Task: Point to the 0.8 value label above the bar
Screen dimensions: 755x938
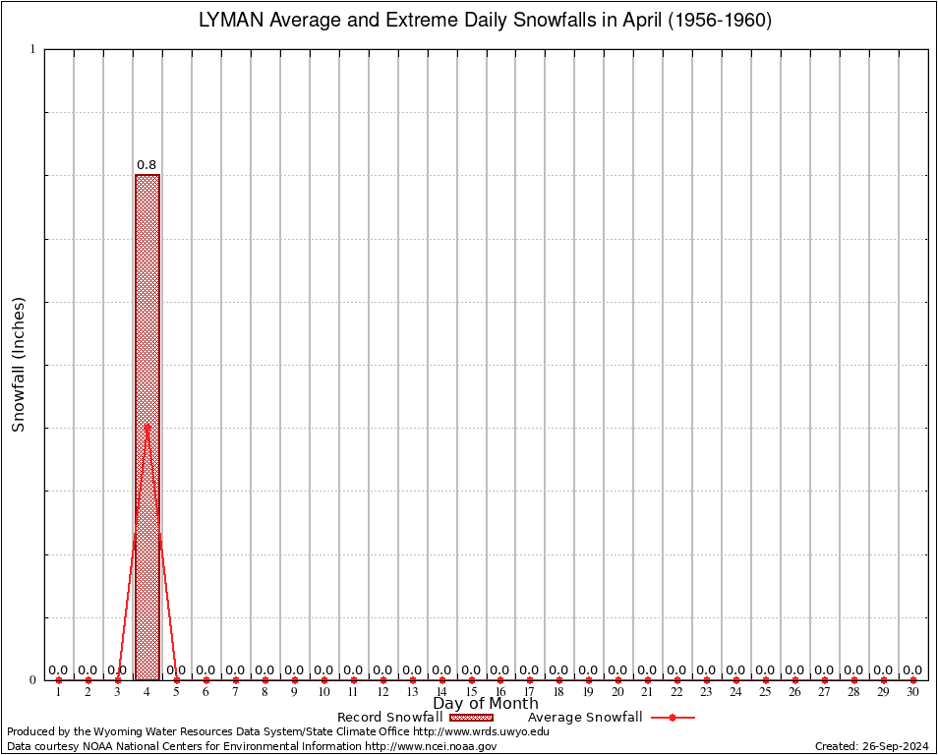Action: (x=147, y=165)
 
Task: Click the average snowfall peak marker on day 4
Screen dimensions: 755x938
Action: (x=147, y=427)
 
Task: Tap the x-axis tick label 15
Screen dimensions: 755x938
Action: (x=471, y=693)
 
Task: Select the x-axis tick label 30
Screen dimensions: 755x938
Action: (x=912, y=693)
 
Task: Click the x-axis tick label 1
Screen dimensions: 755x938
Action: (x=58, y=693)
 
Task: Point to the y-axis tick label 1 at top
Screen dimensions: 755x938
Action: (x=32, y=49)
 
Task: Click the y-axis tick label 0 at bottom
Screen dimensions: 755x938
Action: (x=32, y=679)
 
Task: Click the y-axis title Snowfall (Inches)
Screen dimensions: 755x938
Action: (x=18, y=364)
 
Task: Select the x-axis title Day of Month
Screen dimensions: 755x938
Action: (x=486, y=704)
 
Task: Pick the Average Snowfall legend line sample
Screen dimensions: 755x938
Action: (x=673, y=718)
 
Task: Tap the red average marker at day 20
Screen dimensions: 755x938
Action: (x=618, y=680)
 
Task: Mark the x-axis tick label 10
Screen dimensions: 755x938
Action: (x=323, y=693)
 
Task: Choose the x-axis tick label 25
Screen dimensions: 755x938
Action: (x=765, y=693)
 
